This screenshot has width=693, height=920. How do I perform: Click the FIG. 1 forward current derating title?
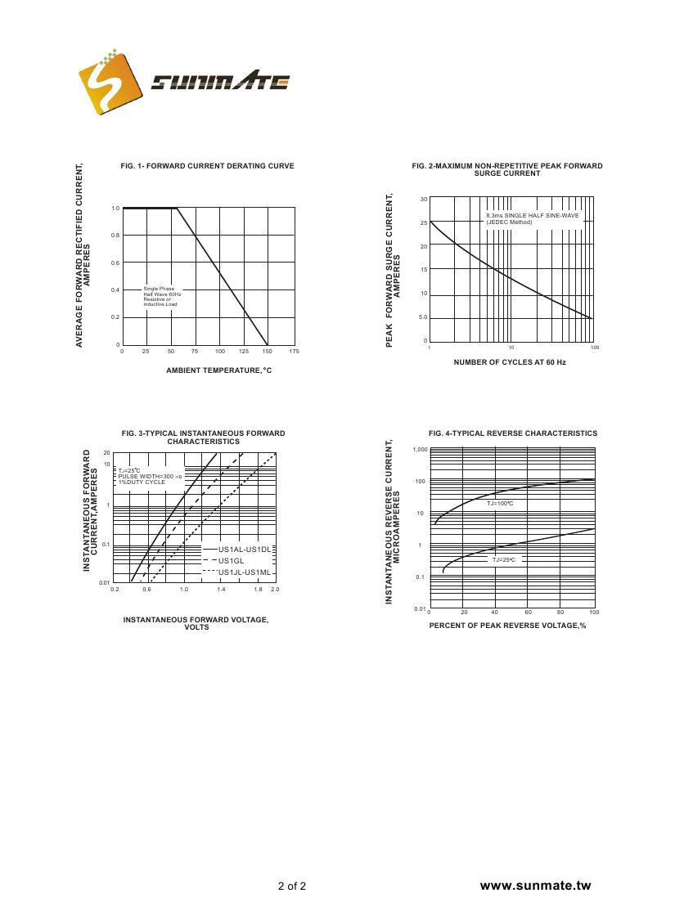207,166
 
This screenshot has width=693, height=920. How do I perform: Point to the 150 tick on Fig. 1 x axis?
268,351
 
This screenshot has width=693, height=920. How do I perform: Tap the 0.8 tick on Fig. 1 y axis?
115,236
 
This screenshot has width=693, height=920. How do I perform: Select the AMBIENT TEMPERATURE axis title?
218,370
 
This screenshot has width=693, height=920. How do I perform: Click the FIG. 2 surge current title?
507,169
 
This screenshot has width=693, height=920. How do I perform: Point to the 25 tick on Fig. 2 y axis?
424,222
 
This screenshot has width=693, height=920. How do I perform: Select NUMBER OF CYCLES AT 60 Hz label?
510,361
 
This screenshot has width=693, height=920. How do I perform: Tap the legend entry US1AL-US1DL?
244,550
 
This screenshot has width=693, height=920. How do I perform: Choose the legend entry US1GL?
232,561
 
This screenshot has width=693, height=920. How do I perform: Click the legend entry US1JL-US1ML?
244,572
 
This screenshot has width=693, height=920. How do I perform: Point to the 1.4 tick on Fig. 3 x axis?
221,589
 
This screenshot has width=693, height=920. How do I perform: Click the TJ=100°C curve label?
500,504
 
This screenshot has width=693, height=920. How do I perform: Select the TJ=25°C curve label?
505,559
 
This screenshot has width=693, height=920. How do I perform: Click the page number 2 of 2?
292,886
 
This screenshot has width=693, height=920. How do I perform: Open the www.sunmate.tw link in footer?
535,886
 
